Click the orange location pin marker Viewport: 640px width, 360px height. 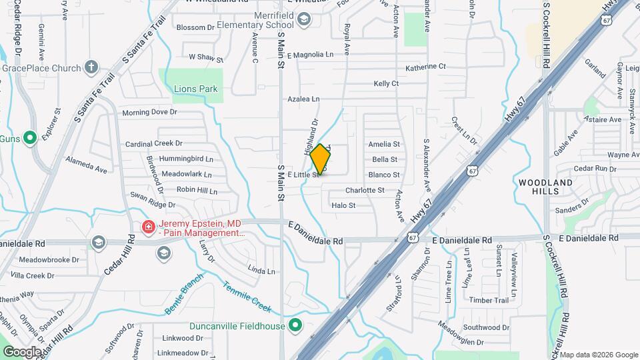point(321,159)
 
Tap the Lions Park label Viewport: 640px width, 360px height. point(196,89)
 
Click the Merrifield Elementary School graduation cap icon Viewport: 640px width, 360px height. point(304,20)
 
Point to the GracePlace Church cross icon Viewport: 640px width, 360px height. point(91,67)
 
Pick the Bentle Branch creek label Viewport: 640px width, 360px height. point(183,293)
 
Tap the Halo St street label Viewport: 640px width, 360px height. point(343,205)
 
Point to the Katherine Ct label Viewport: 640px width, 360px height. point(425,67)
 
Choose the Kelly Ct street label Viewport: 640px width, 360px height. point(386,83)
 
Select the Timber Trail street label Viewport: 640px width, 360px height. point(489,301)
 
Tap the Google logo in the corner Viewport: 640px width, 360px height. point(22,351)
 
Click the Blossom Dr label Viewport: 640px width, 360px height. point(195,27)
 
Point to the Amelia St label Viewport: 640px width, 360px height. point(384,144)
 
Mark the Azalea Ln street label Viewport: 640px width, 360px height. point(303,99)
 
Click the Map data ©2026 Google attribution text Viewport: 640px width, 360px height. point(598,355)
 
